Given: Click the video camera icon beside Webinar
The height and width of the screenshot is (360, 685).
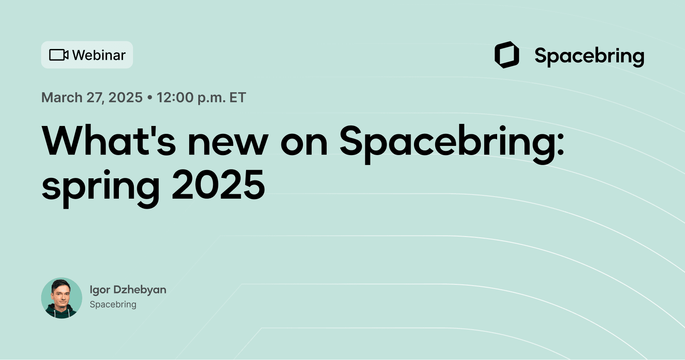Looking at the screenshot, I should tap(59, 55).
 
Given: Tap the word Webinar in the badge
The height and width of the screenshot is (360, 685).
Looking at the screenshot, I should tap(99, 55).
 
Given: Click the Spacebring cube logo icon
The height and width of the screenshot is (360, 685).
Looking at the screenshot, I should tap(507, 55).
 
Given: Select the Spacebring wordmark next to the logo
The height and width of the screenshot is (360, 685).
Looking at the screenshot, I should tap(589, 56).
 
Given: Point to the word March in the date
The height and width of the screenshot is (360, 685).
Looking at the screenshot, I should tap(62, 98).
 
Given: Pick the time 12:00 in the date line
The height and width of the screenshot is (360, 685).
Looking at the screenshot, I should tap(175, 98).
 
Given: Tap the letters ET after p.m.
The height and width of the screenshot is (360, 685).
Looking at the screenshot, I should tap(238, 98).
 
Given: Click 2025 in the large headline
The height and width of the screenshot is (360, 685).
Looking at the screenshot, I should tap(218, 185).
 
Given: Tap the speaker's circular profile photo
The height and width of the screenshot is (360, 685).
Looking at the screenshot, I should tap(62, 298).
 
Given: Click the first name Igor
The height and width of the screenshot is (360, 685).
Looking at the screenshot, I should tap(99, 290).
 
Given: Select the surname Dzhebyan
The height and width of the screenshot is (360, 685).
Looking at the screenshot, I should tap(140, 290).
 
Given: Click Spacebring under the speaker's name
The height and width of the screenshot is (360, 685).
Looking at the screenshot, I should tap(113, 304).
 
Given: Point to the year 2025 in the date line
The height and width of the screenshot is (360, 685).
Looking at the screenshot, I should tap(126, 98).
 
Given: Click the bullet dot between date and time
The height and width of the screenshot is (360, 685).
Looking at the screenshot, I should tap(150, 98).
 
